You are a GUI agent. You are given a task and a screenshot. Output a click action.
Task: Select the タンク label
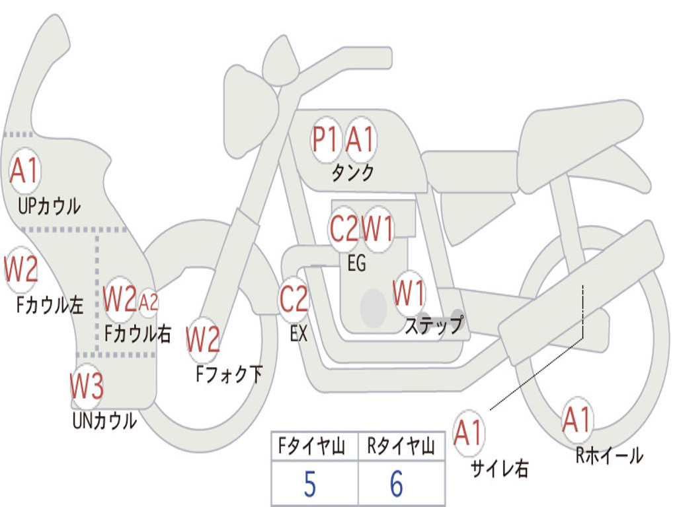click(x=353, y=173)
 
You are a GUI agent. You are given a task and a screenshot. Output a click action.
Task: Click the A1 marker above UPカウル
click(x=25, y=171)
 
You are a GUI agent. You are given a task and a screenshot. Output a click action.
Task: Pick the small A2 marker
click(x=148, y=302)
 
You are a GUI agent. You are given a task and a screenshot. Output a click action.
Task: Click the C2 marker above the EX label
click(x=294, y=299)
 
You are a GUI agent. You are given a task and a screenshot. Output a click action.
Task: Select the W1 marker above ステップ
click(x=409, y=293)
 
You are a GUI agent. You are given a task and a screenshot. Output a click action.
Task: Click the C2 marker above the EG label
click(x=344, y=228)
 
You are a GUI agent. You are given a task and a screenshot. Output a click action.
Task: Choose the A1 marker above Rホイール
click(x=577, y=420)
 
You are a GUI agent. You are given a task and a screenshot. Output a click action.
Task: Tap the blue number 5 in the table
click(x=310, y=484)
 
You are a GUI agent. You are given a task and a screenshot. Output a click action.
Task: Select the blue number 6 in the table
click(x=397, y=484)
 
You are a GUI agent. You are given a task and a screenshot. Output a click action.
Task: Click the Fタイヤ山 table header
click(x=312, y=446)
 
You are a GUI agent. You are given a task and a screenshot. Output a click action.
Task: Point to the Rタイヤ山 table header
click(x=401, y=446)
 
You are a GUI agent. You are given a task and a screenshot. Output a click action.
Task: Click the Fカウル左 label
click(x=50, y=305)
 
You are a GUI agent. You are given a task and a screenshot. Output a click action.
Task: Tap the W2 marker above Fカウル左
click(x=20, y=270)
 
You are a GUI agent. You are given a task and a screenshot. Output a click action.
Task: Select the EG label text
click(x=356, y=263)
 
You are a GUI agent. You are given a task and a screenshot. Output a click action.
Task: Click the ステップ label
click(x=434, y=325)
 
